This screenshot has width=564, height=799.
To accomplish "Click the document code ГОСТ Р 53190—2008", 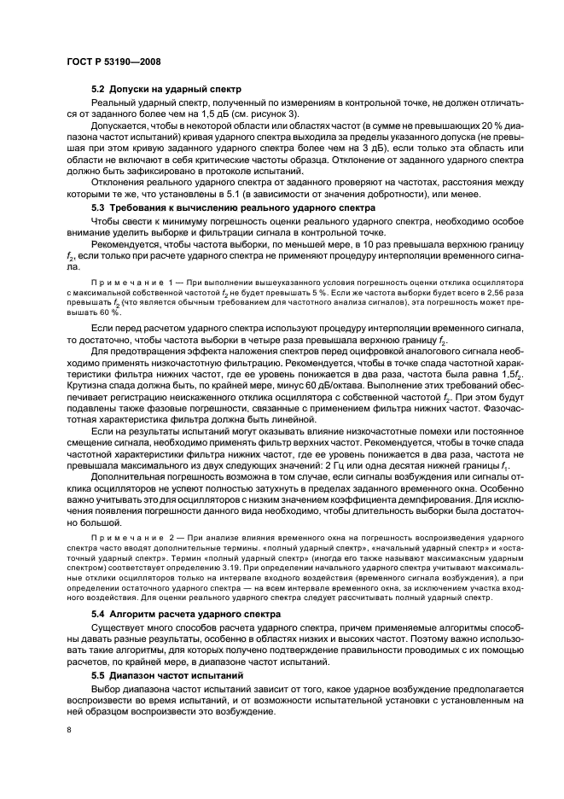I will pyautogui.click(x=113, y=62).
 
